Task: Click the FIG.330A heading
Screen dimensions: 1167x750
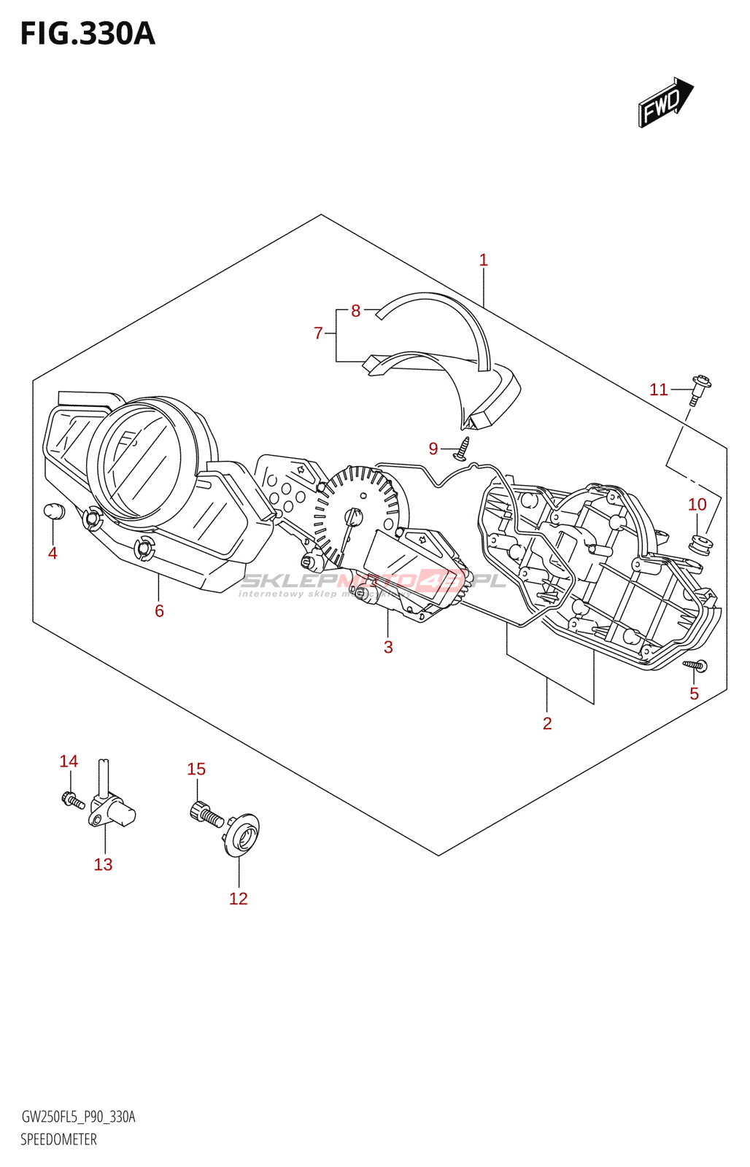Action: coord(88,34)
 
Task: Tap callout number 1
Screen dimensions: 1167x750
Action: coord(483,260)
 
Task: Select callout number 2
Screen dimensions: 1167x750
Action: coord(547,723)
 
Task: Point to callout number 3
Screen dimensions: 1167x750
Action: coord(388,647)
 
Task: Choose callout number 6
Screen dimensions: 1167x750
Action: coord(159,610)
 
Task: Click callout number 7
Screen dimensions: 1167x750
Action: coord(318,333)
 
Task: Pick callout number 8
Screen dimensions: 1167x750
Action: coord(355,311)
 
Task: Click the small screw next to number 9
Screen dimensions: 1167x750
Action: coord(461,450)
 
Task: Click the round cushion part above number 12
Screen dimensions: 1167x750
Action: coord(241,833)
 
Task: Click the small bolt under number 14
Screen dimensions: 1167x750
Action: coord(72,800)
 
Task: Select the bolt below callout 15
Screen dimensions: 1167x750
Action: coord(206,814)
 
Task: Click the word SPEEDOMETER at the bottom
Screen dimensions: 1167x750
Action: coord(58,1139)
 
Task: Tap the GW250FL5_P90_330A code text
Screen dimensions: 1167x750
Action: coord(78,1117)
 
